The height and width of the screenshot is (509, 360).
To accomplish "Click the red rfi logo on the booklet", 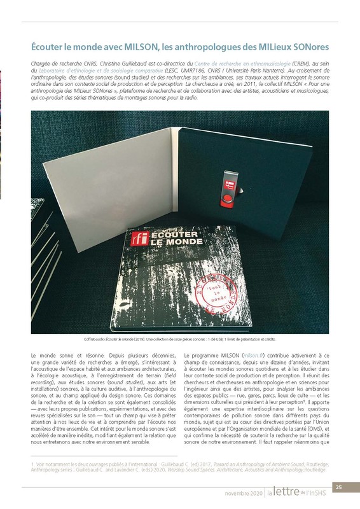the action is point(136,239).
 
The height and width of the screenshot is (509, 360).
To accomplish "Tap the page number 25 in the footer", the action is point(339,487).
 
